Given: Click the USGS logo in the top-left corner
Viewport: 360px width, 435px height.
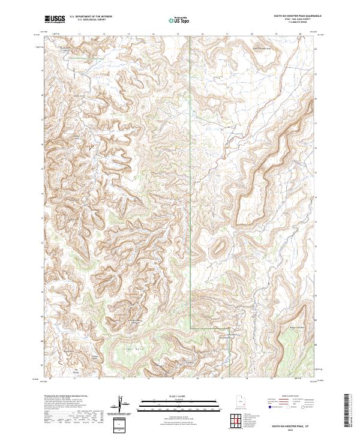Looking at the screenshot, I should (54, 19).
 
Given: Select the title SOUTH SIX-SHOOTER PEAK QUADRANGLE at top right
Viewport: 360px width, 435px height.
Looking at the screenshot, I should (297, 17).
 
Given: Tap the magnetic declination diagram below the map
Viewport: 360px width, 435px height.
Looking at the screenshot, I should (121, 404).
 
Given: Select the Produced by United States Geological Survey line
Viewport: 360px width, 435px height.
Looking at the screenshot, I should (66, 397).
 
